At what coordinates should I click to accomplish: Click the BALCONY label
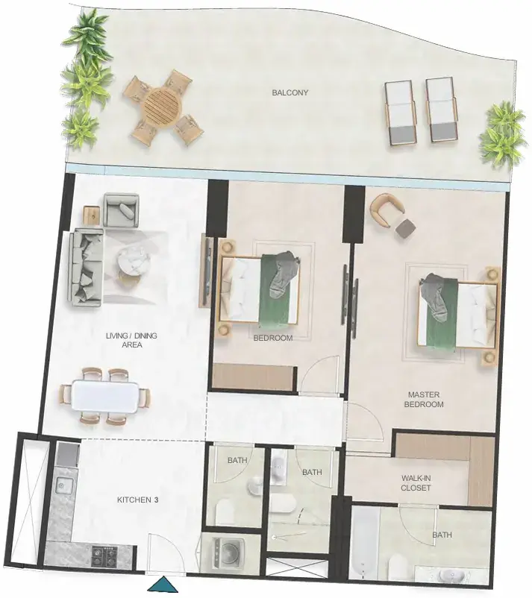290,92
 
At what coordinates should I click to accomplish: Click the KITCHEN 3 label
137,500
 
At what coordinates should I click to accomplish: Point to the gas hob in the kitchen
104,556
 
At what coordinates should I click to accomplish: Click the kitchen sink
62,486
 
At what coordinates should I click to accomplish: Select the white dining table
105,397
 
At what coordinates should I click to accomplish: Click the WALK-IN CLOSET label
416,483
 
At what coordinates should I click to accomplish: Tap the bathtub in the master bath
364,543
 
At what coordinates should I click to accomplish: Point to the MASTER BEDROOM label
424,400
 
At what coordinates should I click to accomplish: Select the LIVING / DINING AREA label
131,340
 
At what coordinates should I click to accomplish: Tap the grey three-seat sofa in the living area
87,268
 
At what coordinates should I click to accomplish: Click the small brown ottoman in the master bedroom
405,228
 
